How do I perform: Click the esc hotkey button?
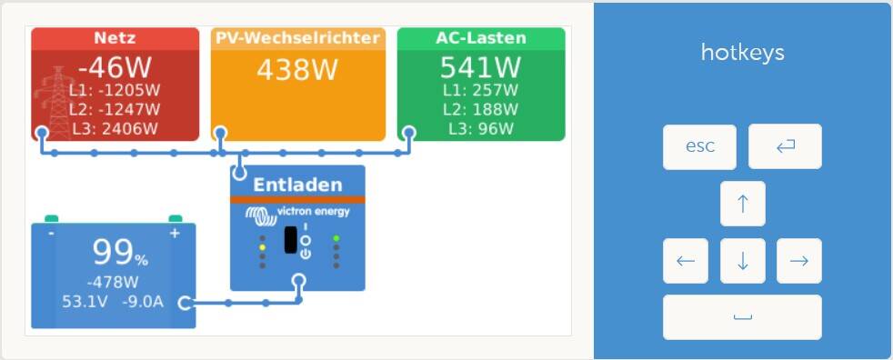[699, 146]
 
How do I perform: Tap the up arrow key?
[743, 204]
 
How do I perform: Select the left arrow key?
[686, 260]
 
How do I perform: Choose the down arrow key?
[743, 260]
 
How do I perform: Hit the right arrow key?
[799, 260]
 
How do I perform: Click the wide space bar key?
[742, 316]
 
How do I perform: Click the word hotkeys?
[743, 53]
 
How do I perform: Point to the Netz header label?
[115, 38]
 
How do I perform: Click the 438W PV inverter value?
[297, 70]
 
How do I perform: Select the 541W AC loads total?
[481, 68]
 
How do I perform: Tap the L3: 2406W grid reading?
[115, 129]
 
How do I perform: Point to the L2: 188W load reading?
[481, 109]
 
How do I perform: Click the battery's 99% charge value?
[120, 253]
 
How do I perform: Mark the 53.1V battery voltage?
[85, 301]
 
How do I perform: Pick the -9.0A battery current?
[143, 301]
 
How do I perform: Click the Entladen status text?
[297, 185]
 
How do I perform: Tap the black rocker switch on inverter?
[290, 240]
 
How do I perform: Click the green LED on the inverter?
[336, 238]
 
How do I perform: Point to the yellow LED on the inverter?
[262, 247]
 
